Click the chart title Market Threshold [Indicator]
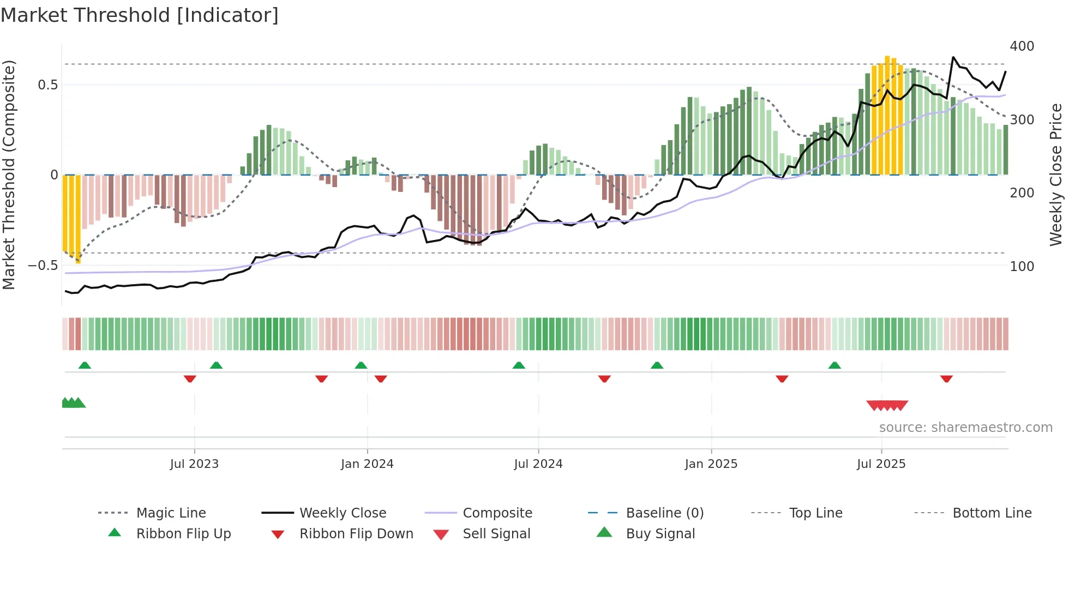click(140, 15)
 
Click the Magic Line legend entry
click(171, 513)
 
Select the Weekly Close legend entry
click(343, 513)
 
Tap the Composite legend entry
click(497, 513)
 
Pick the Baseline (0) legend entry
click(664, 513)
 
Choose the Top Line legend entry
click(815, 513)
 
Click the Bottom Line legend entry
click(992, 513)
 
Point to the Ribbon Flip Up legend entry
click(183, 533)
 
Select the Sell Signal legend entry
click(496, 533)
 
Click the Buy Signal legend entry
click(660, 533)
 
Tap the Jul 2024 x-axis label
click(538, 464)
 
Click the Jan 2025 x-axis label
click(711, 464)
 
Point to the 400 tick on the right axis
click(1022, 46)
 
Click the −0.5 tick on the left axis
click(43, 266)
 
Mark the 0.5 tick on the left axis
click(47, 85)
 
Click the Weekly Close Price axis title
click(1056, 175)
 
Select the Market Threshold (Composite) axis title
click(9, 175)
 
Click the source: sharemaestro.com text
click(965, 427)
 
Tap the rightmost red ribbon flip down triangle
click(946, 378)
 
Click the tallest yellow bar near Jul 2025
click(887, 115)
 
